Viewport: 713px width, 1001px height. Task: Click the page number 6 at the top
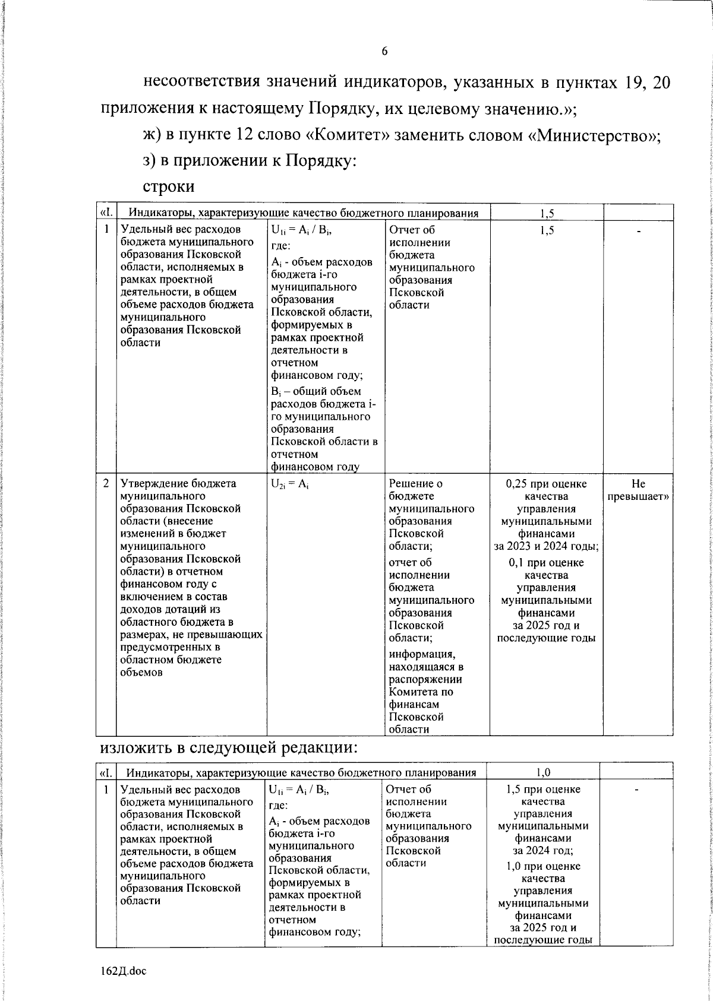384,52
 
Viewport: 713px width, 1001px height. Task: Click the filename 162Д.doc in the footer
123,971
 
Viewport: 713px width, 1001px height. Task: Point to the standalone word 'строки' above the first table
169,186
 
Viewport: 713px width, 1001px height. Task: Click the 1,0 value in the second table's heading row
542,772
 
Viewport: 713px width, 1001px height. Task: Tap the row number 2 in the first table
106,484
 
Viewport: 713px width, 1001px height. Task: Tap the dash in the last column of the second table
636,790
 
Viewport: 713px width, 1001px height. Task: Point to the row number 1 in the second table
106,790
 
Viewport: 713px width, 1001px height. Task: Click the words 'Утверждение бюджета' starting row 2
178,484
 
